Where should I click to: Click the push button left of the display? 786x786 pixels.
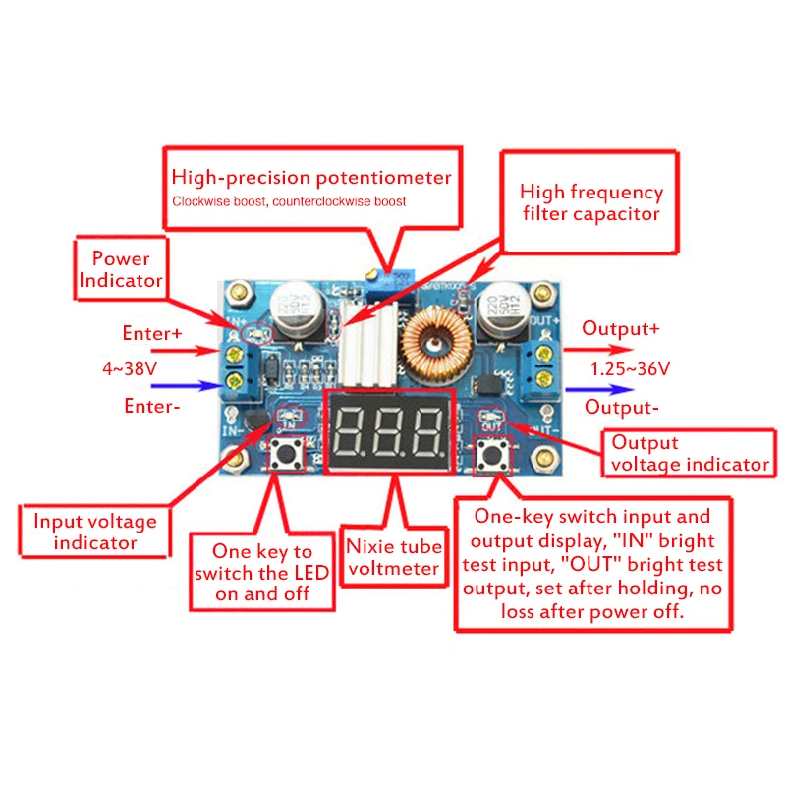(x=291, y=453)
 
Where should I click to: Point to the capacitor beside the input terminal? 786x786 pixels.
(x=292, y=313)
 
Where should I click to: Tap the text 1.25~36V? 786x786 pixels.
(x=630, y=368)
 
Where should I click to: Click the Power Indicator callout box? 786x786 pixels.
(x=121, y=269)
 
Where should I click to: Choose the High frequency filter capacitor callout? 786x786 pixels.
(x=590, y=202)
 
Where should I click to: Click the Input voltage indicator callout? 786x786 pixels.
(x=95, y=532)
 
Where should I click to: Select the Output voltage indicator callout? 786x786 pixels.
(x=689, y=453)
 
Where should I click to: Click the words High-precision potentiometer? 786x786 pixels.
(x=311, y=178)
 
